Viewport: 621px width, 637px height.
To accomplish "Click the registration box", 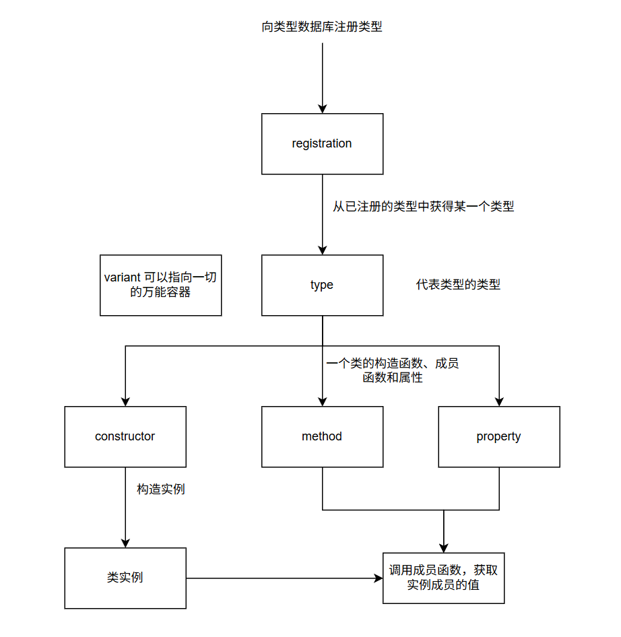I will [x=322, y=143].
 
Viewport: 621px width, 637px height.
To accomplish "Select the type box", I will [x=322, y=285].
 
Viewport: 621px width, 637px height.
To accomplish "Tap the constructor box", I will [x=125, y=436].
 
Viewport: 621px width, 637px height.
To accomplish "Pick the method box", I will [x=322, y=436].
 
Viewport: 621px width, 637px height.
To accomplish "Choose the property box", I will [x=498, y=436].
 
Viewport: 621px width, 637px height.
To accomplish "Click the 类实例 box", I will [x=125, y=578].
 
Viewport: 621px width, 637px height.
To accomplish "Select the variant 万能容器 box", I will [x=160, y=285].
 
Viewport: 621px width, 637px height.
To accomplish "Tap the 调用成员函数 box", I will [x=443, y=578].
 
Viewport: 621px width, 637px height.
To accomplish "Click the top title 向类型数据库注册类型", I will [x=322, y=28].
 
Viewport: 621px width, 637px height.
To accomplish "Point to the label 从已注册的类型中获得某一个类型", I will [x=424, y=207].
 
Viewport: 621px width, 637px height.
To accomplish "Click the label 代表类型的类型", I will [x=458, y=285].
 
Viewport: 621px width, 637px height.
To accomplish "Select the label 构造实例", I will [x=160, y=490].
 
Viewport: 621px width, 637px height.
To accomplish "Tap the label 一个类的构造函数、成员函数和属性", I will [x=393, y=370].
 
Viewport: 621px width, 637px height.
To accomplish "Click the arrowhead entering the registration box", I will [x=323, y=108].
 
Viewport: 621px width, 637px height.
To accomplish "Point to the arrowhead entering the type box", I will [x=323, y=250].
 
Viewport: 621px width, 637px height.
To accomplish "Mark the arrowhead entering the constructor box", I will [x=126, y=401].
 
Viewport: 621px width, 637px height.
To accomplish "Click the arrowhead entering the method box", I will [x=323, y=401].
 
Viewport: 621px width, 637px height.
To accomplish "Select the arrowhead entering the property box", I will [x=499, y=401].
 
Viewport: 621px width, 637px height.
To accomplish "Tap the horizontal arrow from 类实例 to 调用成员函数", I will [x=283, y=578].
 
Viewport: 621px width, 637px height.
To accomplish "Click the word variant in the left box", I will [x=123, y=277].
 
